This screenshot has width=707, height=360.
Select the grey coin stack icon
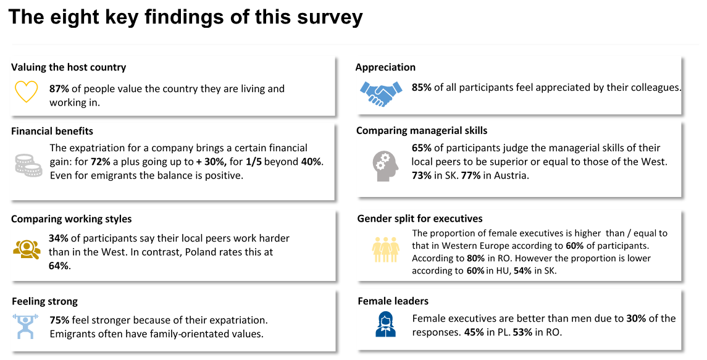pos(28,164)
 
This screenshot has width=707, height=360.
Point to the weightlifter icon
pos(25,326)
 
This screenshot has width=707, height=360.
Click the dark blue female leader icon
pos(385,324)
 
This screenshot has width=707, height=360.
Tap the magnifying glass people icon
pos(26,248)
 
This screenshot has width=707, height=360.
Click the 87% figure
pos(59,89)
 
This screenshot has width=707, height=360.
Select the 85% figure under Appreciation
pos(422,88)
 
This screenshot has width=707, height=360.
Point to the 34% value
pos(59,238)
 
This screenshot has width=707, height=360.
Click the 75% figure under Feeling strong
pos(59,320)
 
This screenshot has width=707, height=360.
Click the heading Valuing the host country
pos(69,67)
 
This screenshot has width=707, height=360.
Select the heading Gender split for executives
pos(420,219)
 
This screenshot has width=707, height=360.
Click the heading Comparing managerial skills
pos(422,130)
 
